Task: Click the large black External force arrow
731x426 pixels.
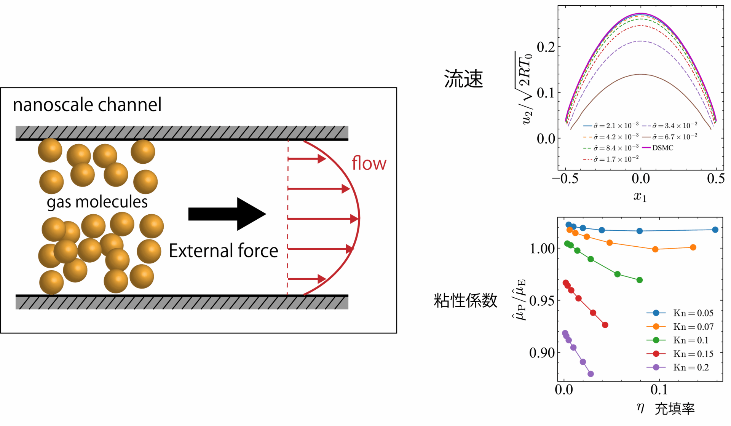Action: pyautogui.click(x=227, y=214)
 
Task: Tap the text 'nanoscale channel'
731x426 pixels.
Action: pyautogui.click(x=87, y=105)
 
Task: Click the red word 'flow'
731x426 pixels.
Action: pyautogui.click(x=369, y=163)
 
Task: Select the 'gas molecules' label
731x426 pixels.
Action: pyautogui.click(x=97, y=202)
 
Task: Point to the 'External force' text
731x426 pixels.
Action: pyautogui.click(x=223, y=251)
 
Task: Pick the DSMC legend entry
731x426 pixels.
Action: pyautogui.click(x=662, y=148)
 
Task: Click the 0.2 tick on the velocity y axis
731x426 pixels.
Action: pyautogui.click(x=546, y=47)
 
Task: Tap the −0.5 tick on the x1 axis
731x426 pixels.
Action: pyautogui.click(x=565, y=179)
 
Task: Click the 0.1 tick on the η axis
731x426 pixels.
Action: pyautogui.click(x=659, y=390)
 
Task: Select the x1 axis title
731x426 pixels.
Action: pyautogui.click(x=640, y=196)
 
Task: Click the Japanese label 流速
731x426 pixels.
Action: pyautogui.click(x=463, y=79)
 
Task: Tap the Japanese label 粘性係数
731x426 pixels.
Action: pyautogui.click(x=465, y=300)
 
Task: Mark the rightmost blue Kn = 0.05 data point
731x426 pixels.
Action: pyautogui.click(x=715, y=230)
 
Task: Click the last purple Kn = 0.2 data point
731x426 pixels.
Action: pyautogui.click(x=591, y=374)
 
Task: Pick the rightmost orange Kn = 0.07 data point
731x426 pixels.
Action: pyautogui.click(x=693, y=247)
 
